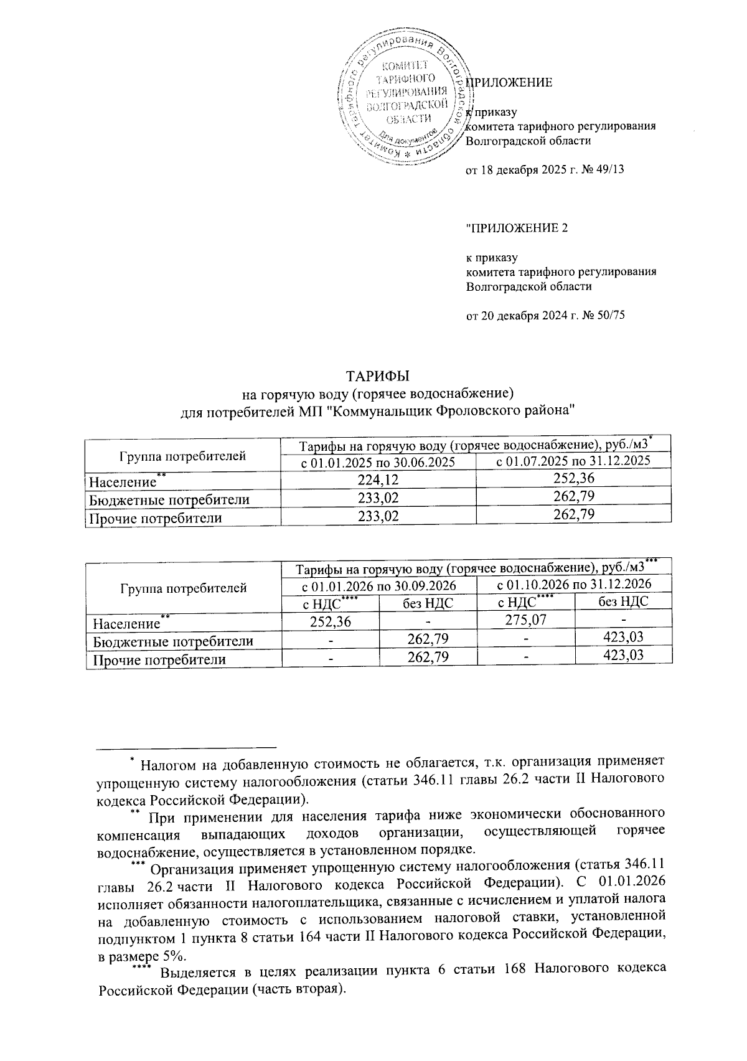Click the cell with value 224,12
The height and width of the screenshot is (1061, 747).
(x=378, y=479)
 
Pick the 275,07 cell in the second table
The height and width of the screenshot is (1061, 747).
(x=525, y=620)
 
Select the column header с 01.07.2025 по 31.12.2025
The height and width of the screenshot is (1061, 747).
(x=573, y=461)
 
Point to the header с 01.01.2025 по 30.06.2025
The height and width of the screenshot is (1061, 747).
(x=378, y=462)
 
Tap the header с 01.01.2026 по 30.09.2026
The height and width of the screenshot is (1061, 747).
(x=379, y=585)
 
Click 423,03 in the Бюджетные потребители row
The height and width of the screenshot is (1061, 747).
(x=623, y=637)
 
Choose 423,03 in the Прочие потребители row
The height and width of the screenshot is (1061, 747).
(x=623, y=655)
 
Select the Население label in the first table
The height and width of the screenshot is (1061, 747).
(x=123, y=481)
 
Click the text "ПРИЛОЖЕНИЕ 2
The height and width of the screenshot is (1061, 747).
(x=517, y=228)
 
